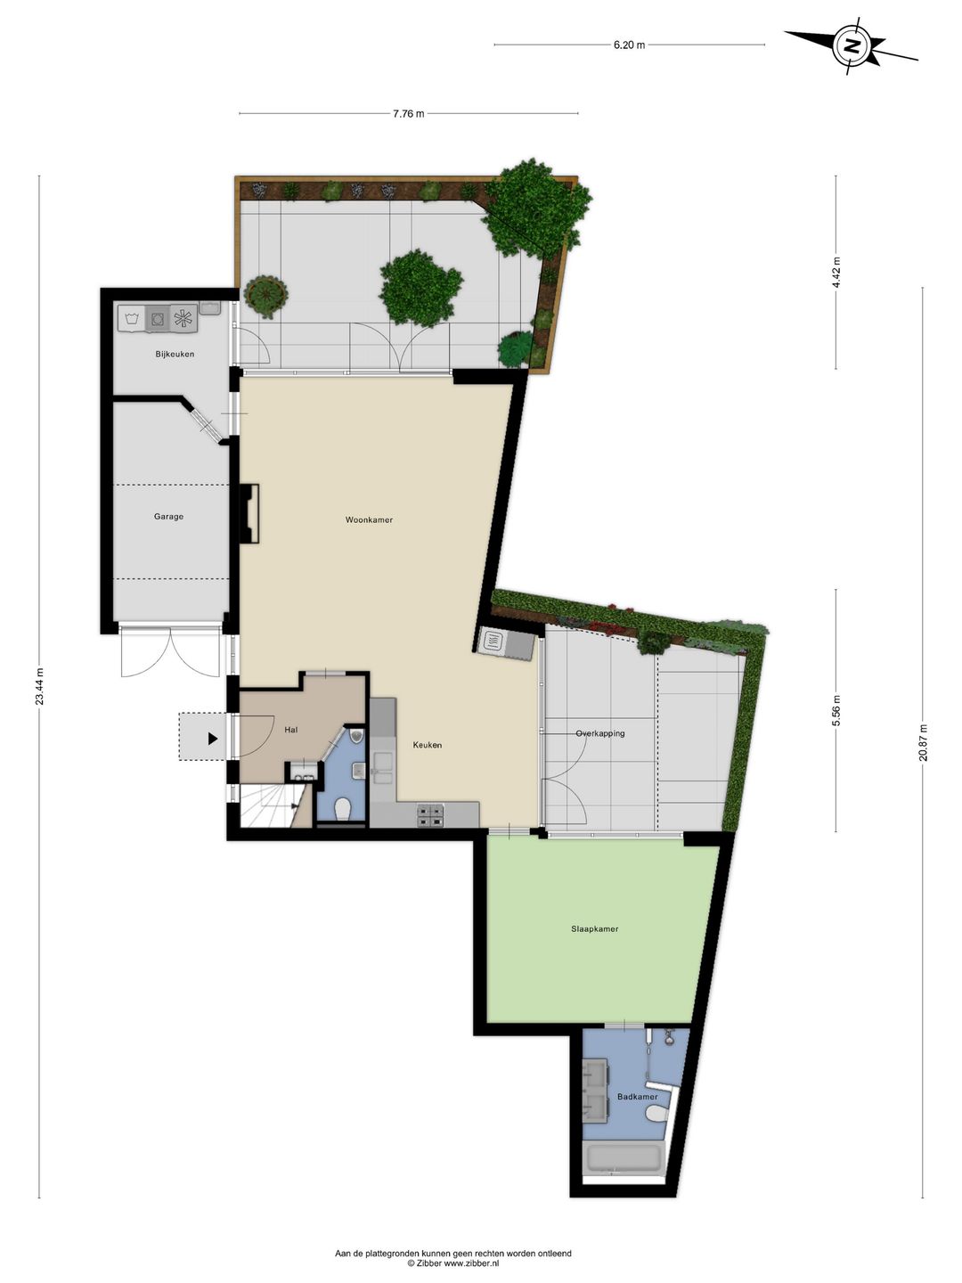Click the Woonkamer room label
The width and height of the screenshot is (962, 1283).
pos(369,519)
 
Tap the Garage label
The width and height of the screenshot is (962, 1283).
pos(169,517)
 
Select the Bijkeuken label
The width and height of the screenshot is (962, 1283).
pos(175,355)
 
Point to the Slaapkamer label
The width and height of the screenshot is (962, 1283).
pos(595,928)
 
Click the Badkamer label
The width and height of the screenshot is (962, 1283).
pos(637,1097)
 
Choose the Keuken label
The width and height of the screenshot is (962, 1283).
pos(427,745)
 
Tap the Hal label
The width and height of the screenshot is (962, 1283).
pos(291,730)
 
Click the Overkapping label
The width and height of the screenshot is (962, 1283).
pos(600,733)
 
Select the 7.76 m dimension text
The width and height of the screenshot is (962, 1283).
pos(408,114)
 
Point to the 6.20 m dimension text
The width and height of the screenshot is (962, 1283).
pos(629,45)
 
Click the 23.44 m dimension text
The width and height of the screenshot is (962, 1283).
pos(40,686)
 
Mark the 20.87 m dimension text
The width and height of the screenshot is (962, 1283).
pos(923,743)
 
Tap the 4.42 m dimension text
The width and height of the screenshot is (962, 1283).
pos(836,273)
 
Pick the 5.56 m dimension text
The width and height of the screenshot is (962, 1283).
pos(836,710)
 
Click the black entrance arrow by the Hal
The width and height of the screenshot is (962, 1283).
pos(213,739)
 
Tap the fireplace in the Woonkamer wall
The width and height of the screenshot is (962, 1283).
pos(249,514)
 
